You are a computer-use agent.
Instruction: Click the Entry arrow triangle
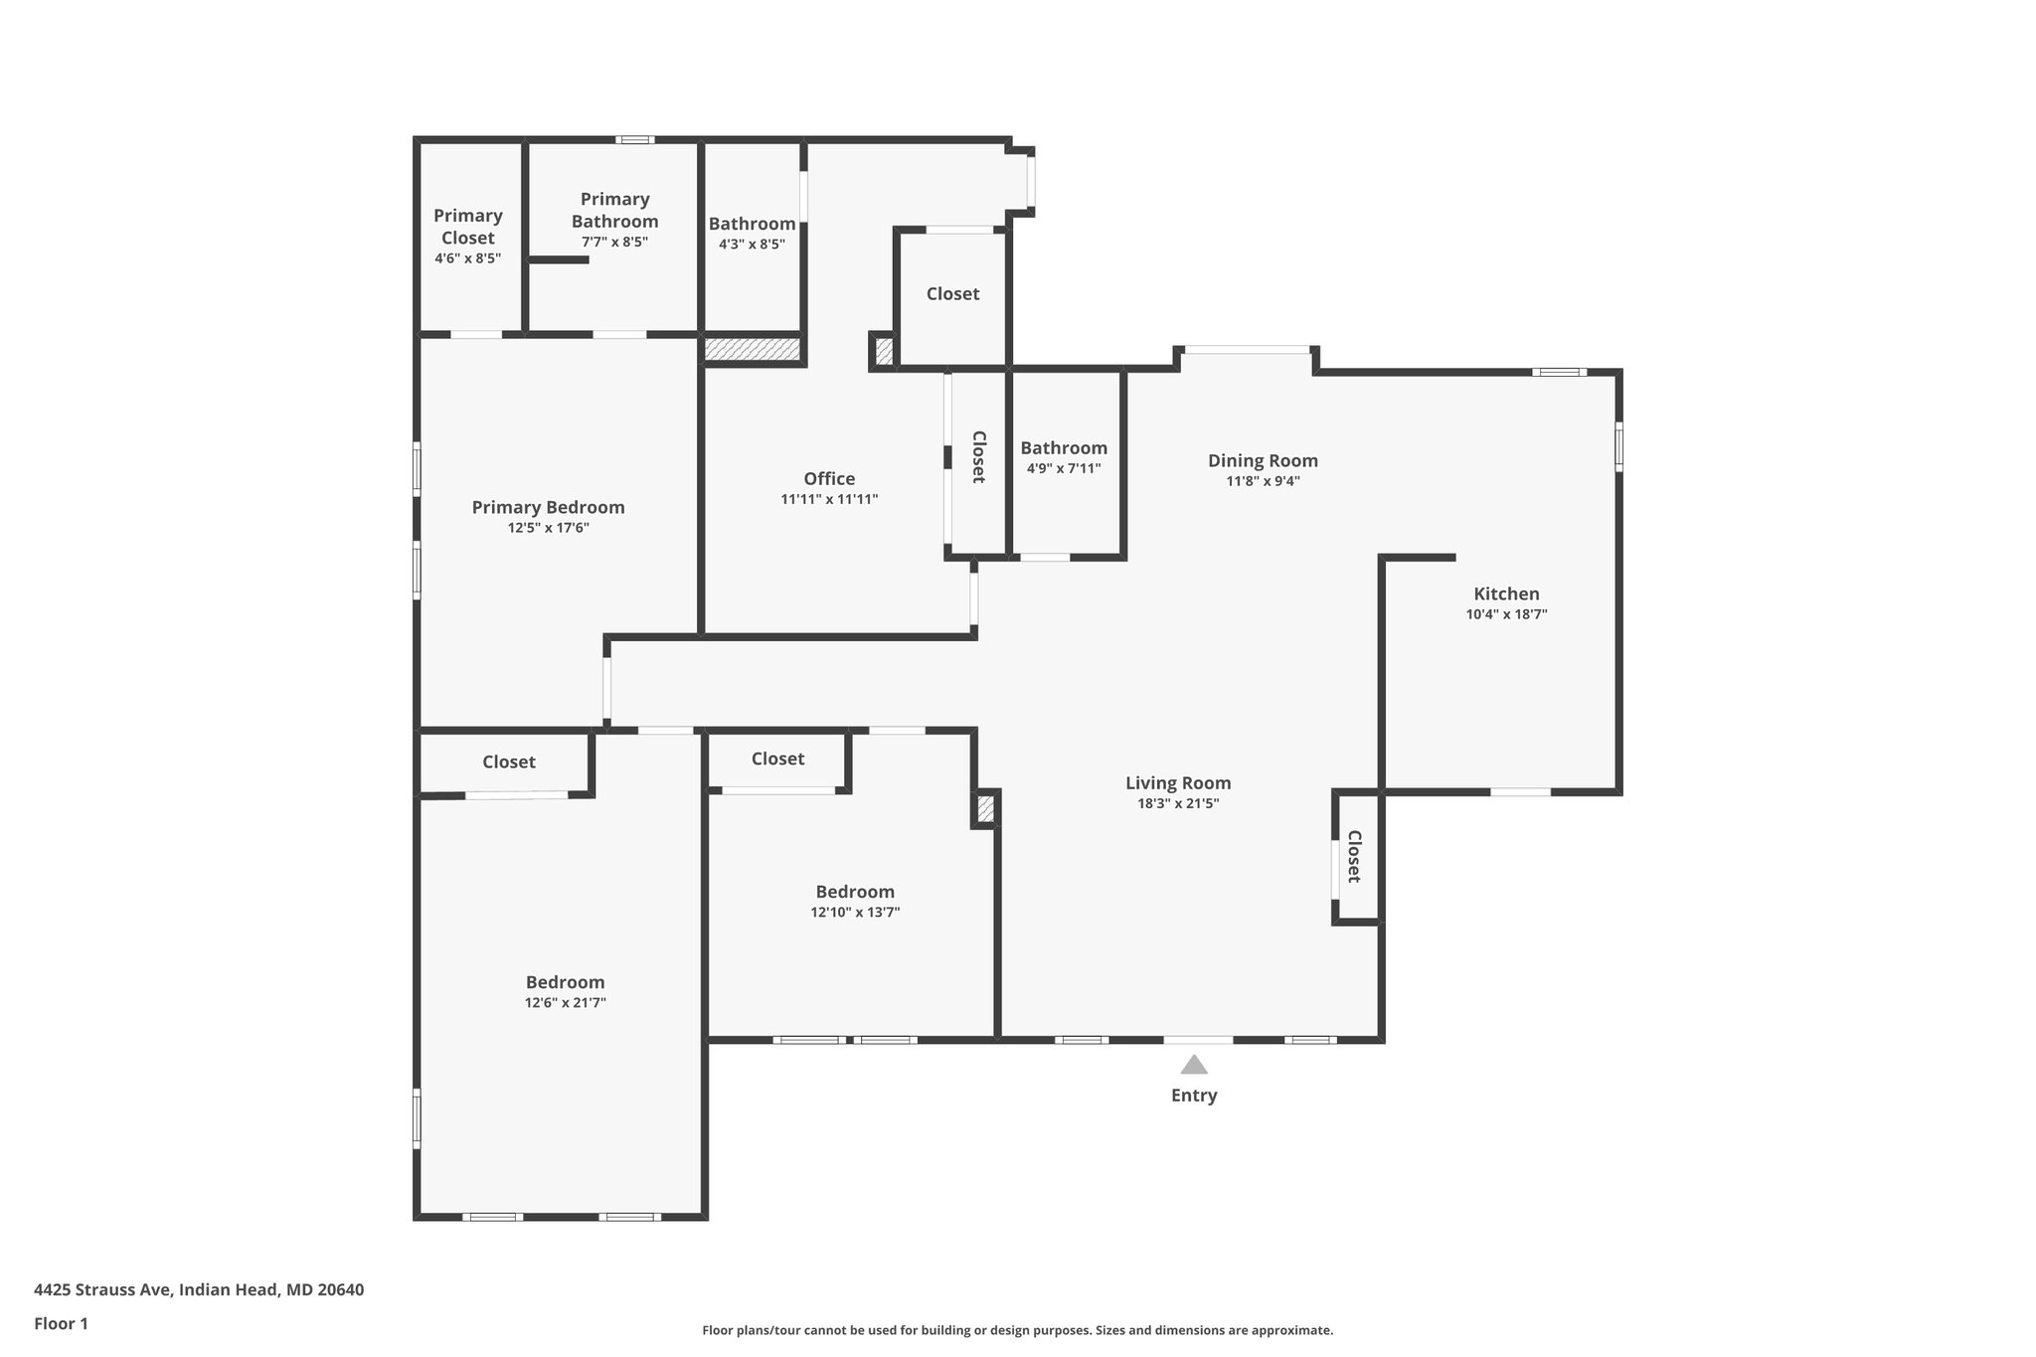1194,1066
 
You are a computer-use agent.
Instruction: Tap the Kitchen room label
1506,594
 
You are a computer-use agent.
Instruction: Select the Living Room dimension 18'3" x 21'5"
1178,804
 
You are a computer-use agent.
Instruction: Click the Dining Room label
1263,460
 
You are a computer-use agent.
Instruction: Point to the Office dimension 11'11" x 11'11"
829,500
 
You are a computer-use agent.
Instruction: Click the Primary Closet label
467,227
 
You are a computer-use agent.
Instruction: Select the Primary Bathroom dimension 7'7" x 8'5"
614,242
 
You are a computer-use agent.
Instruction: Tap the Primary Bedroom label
548,507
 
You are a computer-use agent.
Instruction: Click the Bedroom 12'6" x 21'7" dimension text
565,1003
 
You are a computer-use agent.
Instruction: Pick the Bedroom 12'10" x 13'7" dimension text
855,913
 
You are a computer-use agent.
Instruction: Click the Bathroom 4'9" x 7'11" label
1064,448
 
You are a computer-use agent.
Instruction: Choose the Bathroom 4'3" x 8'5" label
752,224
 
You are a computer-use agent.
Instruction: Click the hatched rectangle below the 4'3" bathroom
753,349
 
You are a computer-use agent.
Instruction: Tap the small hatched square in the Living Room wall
985,809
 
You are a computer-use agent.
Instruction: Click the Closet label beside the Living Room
1354,856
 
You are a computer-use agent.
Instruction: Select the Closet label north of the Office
952,293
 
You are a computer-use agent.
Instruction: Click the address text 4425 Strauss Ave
199,1289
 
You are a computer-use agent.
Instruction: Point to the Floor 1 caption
62,1323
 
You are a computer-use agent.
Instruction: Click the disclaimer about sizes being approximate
1017,1330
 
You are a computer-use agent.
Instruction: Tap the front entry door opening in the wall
1198,1040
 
